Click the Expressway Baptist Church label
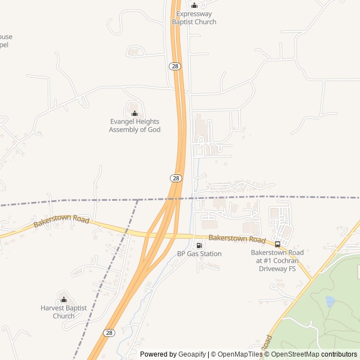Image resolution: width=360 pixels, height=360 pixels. point(194,18)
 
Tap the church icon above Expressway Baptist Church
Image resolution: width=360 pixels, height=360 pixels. point(194,6)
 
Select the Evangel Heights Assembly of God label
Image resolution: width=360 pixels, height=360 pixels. point(134,125)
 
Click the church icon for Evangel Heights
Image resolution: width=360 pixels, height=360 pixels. point(134,113)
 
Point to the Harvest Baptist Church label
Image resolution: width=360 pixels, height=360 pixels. point(64,312)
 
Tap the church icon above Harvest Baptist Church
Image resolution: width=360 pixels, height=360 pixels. point(64,299)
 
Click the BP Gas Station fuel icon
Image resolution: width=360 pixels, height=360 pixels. point(199,245)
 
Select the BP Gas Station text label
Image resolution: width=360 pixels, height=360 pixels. point(199,254)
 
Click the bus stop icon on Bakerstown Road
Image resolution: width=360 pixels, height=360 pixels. point(277,244)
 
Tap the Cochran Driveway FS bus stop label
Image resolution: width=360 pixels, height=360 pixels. point(277,260)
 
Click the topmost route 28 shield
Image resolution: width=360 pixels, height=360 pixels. point(175,66)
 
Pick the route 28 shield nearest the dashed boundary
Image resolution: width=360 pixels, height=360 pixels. point(176,178)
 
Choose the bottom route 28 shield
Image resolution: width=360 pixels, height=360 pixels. point(109,333)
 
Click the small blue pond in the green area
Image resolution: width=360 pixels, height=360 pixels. point(330,301)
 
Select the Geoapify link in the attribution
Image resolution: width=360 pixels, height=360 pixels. point(192,354)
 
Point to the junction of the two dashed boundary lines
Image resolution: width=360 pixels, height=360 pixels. point(137,200)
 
